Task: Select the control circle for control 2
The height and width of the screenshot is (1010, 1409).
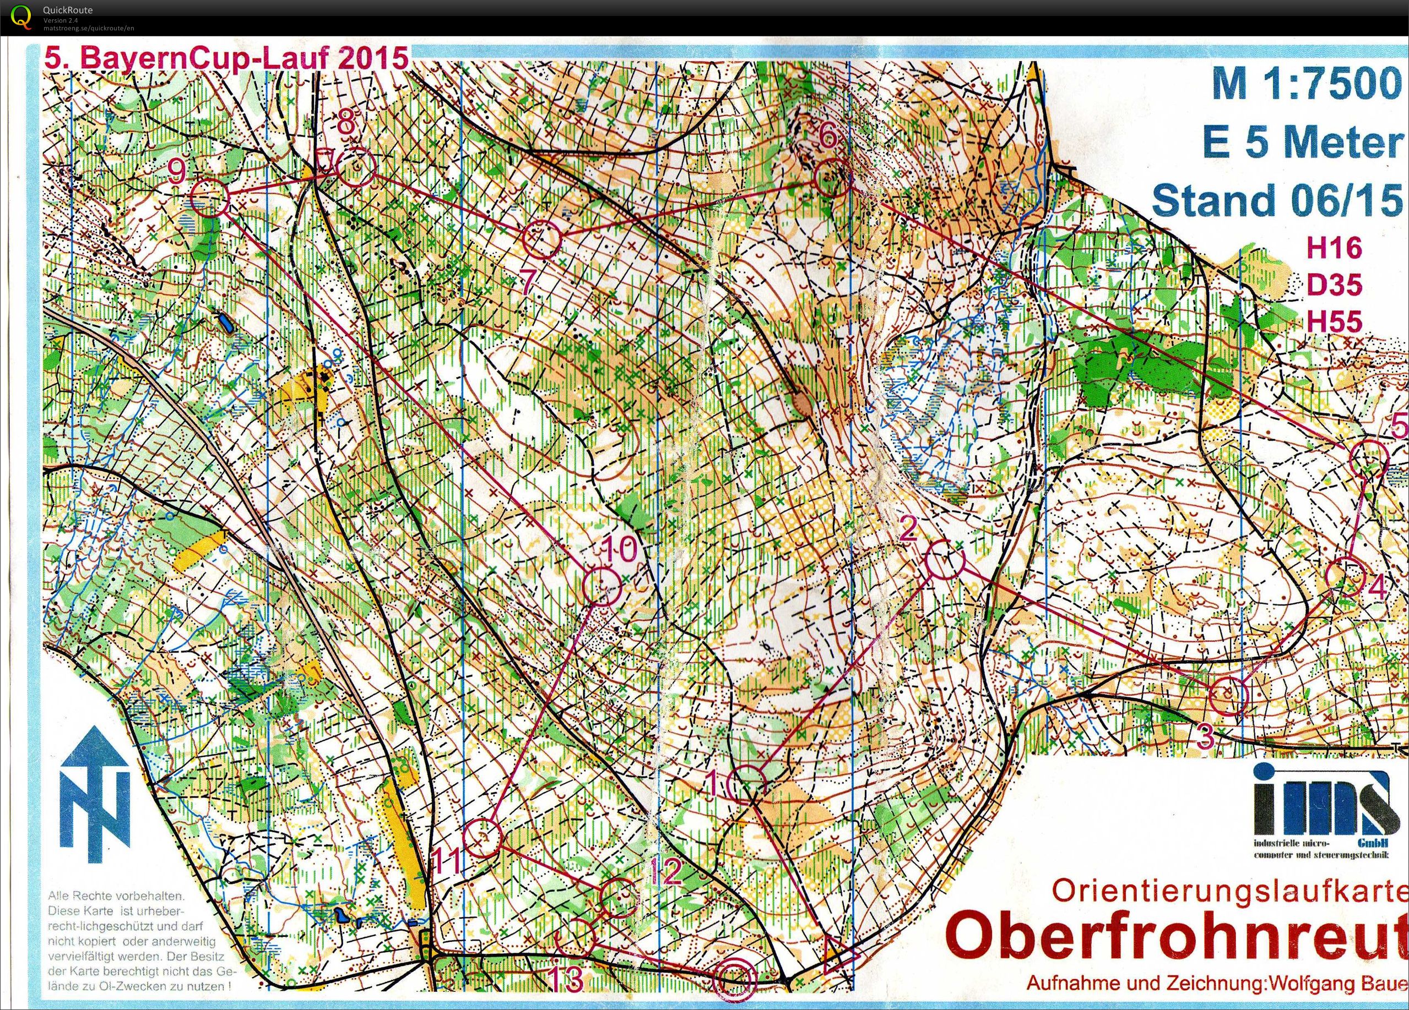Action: [x=945, y=559]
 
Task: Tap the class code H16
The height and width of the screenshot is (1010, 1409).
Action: [x=1334, y=248]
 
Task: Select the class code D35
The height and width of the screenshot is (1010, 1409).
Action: [x=1334, y=285]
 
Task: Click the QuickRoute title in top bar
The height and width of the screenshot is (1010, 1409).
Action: [x=68, y=9]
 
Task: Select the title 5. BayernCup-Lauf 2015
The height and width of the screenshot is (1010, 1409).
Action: [x=227, y=59]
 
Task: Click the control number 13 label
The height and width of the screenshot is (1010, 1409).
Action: [x=567, y=979]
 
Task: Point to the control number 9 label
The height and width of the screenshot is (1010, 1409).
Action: [x=176, y=171]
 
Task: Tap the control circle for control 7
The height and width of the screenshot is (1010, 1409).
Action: [x=540, y=239]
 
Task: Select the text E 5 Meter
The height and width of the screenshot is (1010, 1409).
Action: [x=1302, y=141]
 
